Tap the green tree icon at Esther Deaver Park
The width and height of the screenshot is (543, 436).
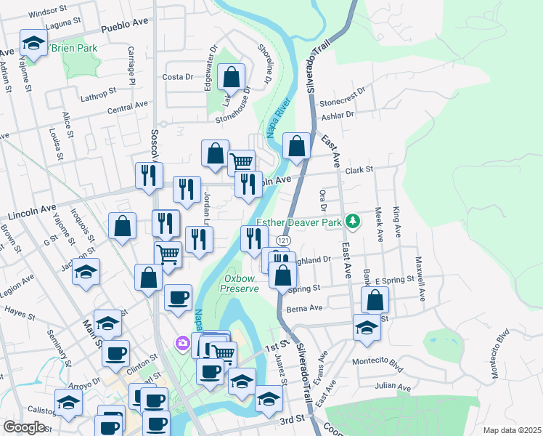coord(353,219)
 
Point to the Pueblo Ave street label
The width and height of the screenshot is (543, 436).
coord(125,25)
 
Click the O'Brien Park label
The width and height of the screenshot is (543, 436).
coord(73,48)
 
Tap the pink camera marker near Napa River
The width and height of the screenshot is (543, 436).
coord(183,342)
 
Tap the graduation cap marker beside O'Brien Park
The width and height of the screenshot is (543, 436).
coord(33,44)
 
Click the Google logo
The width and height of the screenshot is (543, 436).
coord(24,427)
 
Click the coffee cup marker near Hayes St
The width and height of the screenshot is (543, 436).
coord(179,297)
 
